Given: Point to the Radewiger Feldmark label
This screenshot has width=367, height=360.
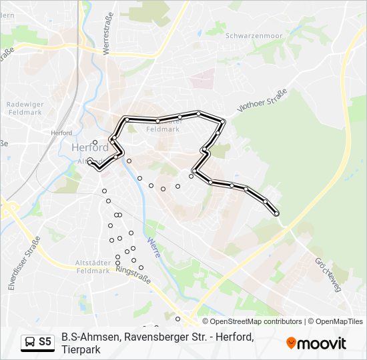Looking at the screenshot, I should point(25,109).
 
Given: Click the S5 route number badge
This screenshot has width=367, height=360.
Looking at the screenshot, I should point(45,342).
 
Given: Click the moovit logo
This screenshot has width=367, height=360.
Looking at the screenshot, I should point(316,343).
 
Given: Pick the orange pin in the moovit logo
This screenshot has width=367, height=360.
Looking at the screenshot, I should point(291,343).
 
